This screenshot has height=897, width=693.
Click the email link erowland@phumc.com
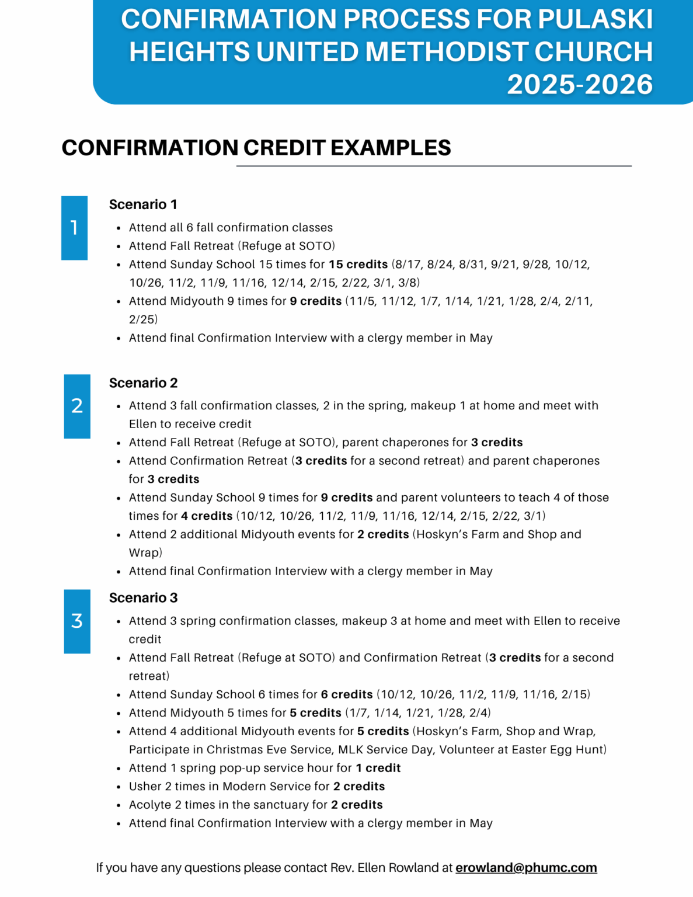tap(526, 868)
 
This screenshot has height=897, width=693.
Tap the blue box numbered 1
tap(74, 228)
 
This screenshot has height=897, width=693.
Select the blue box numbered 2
tap(77, 406)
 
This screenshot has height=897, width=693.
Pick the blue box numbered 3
tap(77, 621)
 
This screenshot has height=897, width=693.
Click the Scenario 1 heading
tap(143, 204)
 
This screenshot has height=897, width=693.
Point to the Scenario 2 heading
tap(143, 383)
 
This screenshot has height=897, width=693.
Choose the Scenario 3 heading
tap(143, 598)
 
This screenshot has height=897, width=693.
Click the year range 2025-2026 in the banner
tap(579, 85)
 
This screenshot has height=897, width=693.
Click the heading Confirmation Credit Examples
tap(256, 148)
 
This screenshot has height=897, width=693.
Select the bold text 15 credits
tap(358, 265)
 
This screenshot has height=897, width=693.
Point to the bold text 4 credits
tap(207, 516)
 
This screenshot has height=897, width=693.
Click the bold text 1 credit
tap(378, 769)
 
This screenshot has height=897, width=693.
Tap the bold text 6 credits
tap(347, 695)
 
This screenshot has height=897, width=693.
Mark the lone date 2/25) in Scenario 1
tap(143, 319)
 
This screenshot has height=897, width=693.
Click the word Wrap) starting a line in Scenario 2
tap(145, 553)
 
